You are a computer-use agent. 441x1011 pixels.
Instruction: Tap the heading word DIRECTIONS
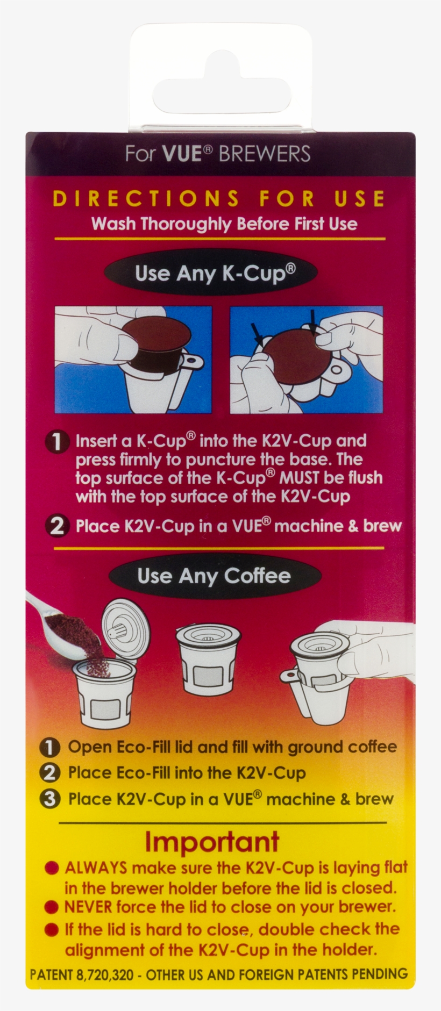pos(146,199)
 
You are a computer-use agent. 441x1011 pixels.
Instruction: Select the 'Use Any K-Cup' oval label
pos(215,274)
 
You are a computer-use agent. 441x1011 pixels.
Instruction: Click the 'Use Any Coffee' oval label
pos(214,576)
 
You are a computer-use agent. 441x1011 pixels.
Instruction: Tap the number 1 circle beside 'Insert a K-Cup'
pos(58,442)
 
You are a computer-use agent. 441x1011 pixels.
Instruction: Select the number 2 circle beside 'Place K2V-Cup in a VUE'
pos(58,526)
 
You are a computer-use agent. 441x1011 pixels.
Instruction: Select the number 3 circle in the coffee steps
pos(50,799)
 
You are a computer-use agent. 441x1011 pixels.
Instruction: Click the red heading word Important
pos(212,842)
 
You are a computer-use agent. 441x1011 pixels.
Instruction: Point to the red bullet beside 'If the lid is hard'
pos(52,929)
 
